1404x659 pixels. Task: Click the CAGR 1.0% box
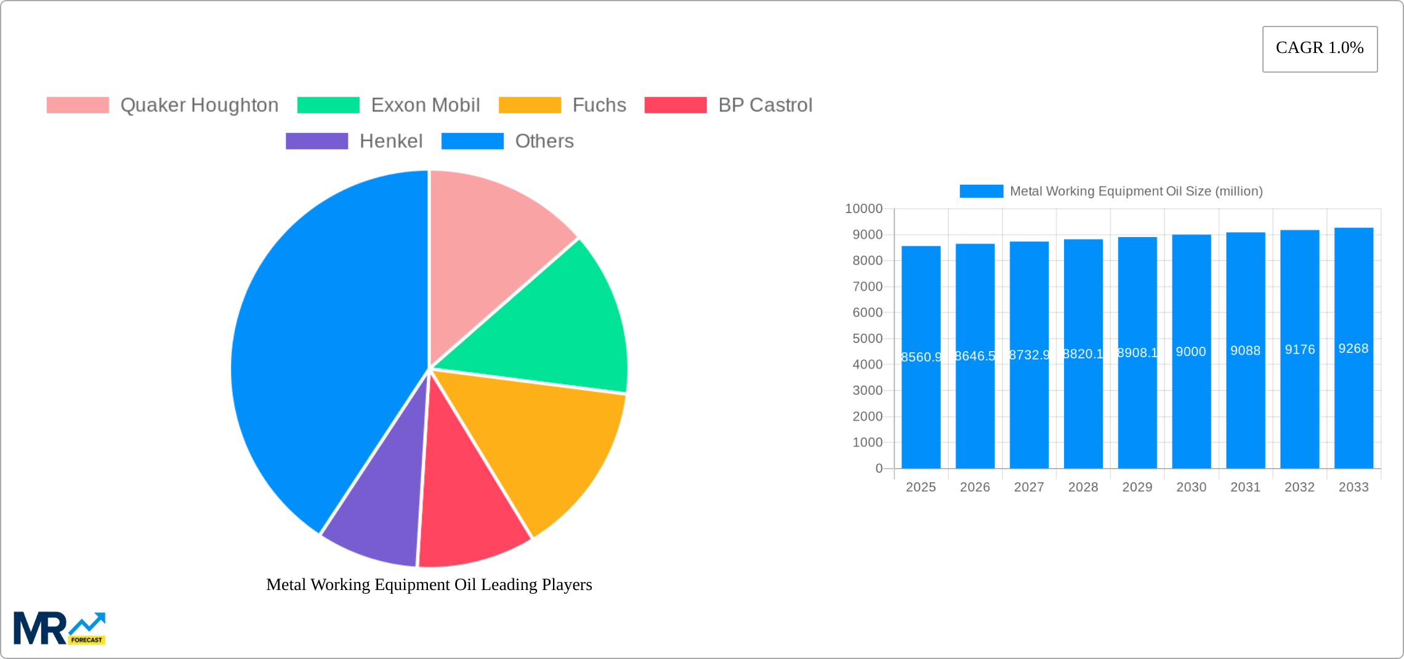click(1320, 49)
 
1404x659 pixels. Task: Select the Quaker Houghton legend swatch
click(78, 105)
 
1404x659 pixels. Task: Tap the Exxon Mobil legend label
click(425, 105)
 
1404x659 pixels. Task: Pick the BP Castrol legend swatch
click(675, 105)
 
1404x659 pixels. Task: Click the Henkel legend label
click(391, 141)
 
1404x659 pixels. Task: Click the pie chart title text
click(429, 584)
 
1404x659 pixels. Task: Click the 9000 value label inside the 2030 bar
click(1191, 352)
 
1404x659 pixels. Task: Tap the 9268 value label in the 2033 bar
click(1354, 349)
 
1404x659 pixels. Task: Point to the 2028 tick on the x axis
click(1083, 487)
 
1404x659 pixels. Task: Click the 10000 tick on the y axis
click(863, 209)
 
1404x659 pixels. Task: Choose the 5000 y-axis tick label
click(867, 339)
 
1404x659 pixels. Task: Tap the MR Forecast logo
click(59, 628)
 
